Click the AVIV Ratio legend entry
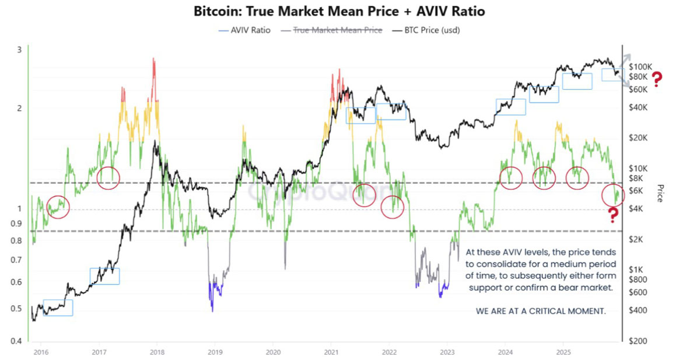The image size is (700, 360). (244, 30)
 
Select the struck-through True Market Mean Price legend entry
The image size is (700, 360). (331, 30)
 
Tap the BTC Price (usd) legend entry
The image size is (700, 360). (426, 30)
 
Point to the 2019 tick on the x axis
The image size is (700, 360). (215, 352)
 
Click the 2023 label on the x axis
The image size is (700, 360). (447, 352)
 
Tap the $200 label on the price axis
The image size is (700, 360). (638, 341)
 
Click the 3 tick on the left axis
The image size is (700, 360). (19, 50)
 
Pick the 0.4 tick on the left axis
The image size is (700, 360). (16, 341)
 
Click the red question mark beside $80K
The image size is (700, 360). (657, 79)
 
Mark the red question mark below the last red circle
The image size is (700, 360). (613, 215)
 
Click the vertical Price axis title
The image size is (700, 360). (660, 193)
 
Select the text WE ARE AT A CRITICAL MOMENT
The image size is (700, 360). (541, 311)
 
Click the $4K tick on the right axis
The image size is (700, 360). (636, 208)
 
